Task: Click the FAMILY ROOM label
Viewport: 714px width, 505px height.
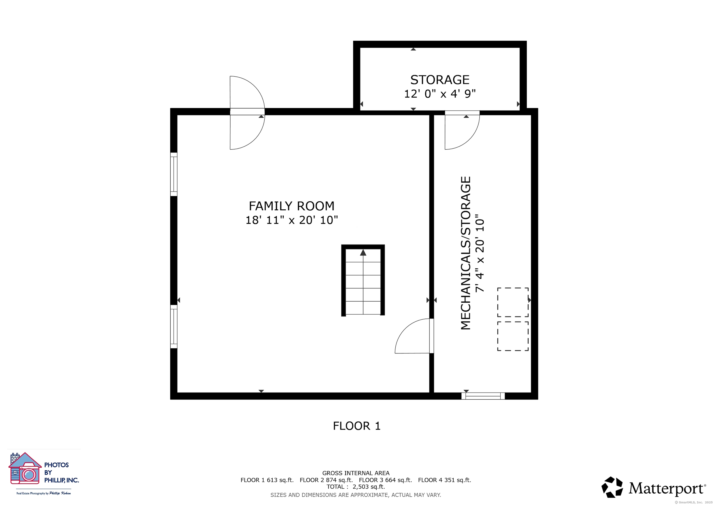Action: coord(291,206)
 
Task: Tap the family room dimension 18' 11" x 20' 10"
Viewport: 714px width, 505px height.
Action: coord(291,220)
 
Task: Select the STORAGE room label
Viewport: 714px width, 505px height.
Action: coord(440,80)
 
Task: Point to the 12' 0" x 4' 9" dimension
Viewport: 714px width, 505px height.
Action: coord(440,94)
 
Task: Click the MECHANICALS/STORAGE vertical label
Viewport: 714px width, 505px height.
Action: coord(466,253)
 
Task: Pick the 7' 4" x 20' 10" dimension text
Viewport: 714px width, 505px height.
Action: coord(480,253)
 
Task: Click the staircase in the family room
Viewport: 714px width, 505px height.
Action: coord(363,280)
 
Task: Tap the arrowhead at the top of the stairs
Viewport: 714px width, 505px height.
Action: coord(363,252)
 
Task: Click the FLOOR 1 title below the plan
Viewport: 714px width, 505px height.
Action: coord(357,426)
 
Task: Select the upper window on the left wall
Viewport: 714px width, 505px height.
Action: coord(174,175)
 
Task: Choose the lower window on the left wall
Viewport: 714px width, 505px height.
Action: coord(174,327)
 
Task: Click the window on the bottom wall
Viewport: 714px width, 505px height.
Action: coord(483,396)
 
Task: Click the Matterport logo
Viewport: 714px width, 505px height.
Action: coord(653,487)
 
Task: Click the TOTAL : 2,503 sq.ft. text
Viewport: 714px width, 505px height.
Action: coord(356,487)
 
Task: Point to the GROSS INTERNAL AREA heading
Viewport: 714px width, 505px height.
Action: coord(356,473)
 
